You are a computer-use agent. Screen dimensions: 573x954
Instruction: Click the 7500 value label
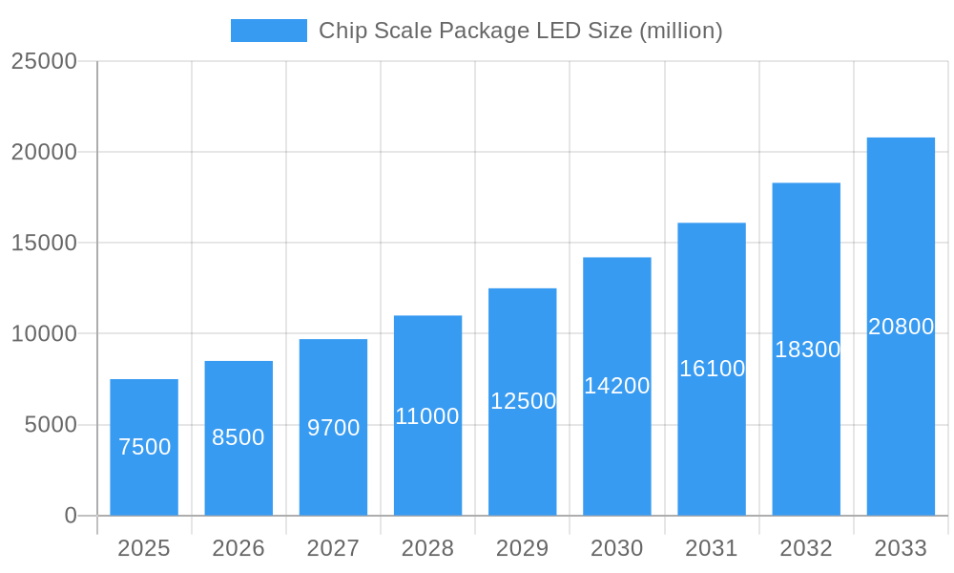(144, 447)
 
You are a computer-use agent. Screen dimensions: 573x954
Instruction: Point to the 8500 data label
(238, 437)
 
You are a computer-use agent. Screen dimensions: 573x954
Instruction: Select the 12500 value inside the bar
(523, 401)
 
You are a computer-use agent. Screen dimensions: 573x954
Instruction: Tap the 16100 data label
(712, 369)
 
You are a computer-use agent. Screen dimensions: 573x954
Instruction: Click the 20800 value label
(901, 327)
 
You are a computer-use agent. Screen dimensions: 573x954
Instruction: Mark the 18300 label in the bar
(807, 350)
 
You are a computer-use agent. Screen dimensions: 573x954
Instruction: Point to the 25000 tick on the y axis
(44, 61)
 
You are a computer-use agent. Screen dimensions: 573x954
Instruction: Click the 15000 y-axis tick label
(44, 243)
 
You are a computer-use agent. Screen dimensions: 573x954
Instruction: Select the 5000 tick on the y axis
(51, 425)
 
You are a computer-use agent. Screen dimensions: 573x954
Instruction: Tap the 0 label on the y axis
(71, 516)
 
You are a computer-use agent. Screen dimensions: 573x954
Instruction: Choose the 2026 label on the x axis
(238, 548)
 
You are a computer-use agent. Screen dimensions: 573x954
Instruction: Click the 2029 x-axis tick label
(523, 548)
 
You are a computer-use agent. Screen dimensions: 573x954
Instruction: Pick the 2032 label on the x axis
(806, 548)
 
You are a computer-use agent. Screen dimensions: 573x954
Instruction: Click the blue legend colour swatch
(269, 31)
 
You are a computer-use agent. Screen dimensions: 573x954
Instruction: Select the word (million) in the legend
(680, 31)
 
